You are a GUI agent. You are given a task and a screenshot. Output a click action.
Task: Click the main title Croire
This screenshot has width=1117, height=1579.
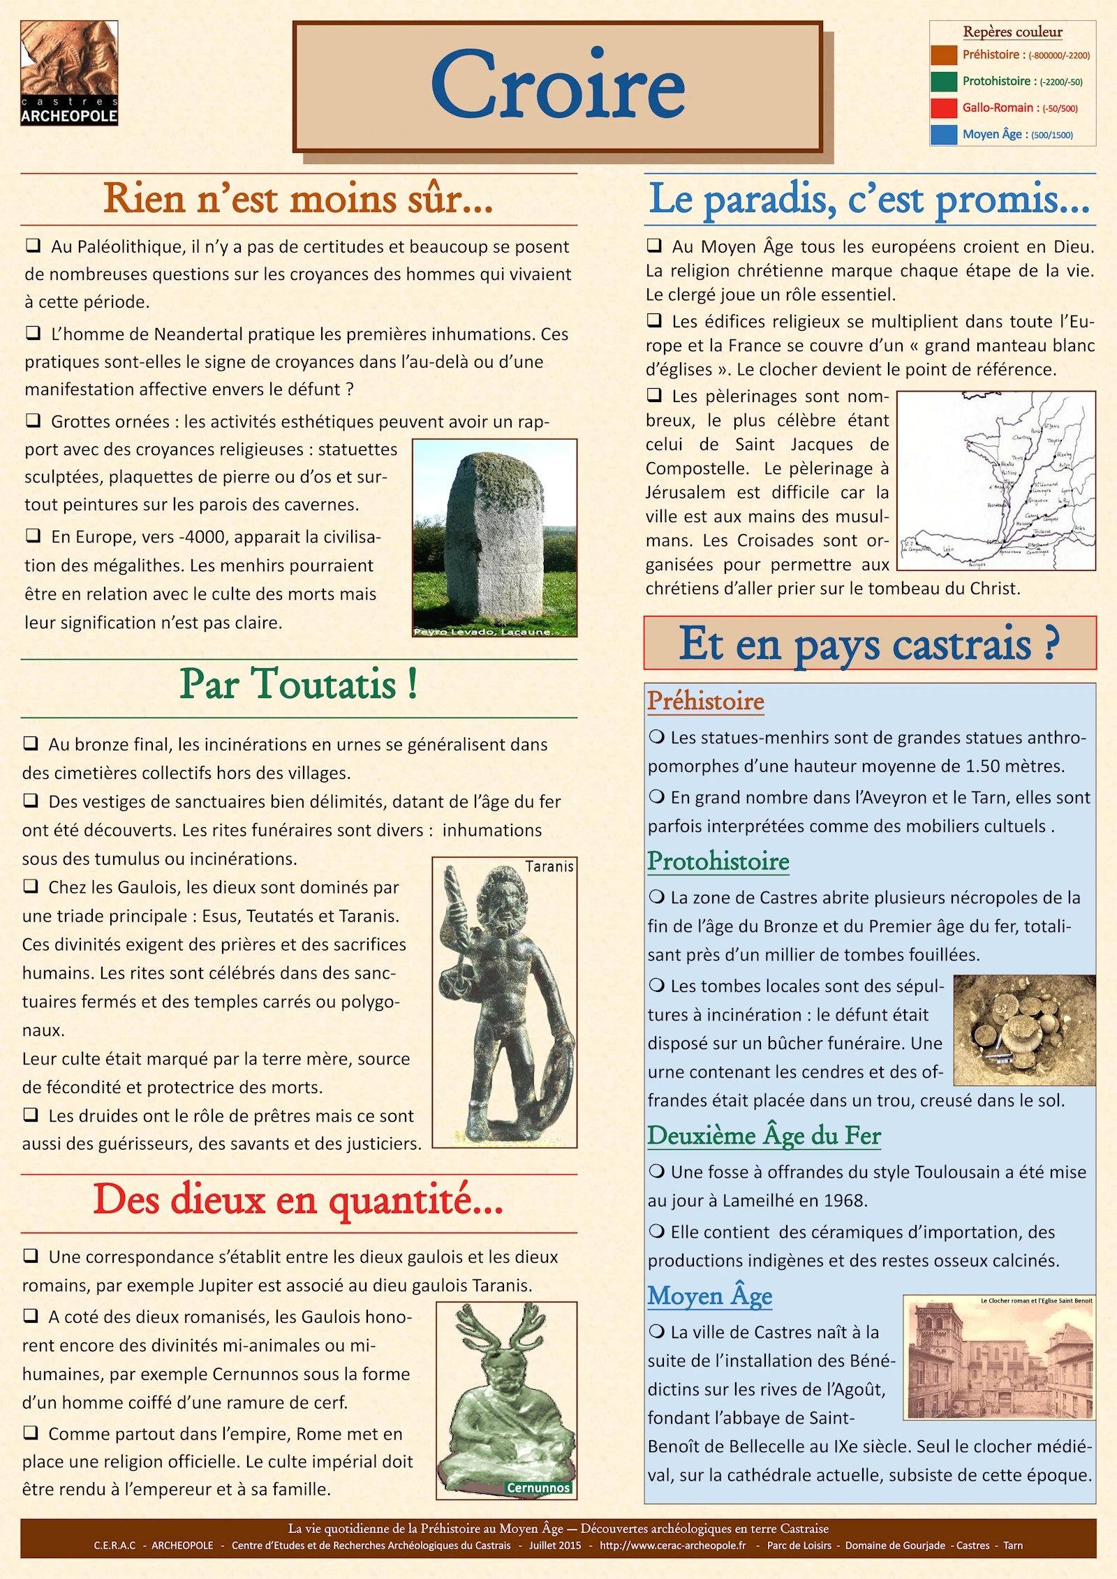[558, 86]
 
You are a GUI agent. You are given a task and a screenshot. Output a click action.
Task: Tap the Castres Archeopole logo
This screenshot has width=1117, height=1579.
[69, 73]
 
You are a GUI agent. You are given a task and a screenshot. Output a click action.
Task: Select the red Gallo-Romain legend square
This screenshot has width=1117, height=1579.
[943, 108]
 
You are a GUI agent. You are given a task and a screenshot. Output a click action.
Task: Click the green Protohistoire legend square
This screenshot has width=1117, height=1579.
[943, 82]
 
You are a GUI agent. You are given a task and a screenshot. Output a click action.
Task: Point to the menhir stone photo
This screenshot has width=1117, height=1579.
[494, 534]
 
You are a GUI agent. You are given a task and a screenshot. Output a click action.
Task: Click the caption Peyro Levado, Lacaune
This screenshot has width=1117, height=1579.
[484, 632]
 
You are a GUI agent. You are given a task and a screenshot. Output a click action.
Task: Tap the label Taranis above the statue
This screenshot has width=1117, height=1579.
[549, 867]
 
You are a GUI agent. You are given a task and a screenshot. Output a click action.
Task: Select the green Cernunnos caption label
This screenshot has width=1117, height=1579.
[538, 1488]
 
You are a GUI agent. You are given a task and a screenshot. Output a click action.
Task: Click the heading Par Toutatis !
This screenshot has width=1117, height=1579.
[299, 684]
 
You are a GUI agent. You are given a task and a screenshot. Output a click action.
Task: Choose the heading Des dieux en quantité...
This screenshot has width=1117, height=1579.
[299, 1200]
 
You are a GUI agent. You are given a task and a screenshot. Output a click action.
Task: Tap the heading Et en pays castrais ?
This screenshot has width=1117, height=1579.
[869, 644]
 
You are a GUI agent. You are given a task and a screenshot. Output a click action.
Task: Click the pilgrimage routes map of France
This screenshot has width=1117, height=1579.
[996, 481]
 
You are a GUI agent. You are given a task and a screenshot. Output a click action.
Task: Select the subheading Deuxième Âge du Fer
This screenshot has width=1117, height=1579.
[764, 1136]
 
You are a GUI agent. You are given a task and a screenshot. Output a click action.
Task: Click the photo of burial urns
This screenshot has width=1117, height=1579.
[1024, 1030]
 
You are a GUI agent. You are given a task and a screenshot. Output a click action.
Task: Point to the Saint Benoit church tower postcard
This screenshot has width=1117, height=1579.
[999, 1358]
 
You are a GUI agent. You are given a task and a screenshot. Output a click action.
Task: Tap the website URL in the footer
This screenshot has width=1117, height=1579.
[672, 1545]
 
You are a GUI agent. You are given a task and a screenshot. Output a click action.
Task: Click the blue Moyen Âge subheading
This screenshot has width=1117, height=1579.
[709, 1296]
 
